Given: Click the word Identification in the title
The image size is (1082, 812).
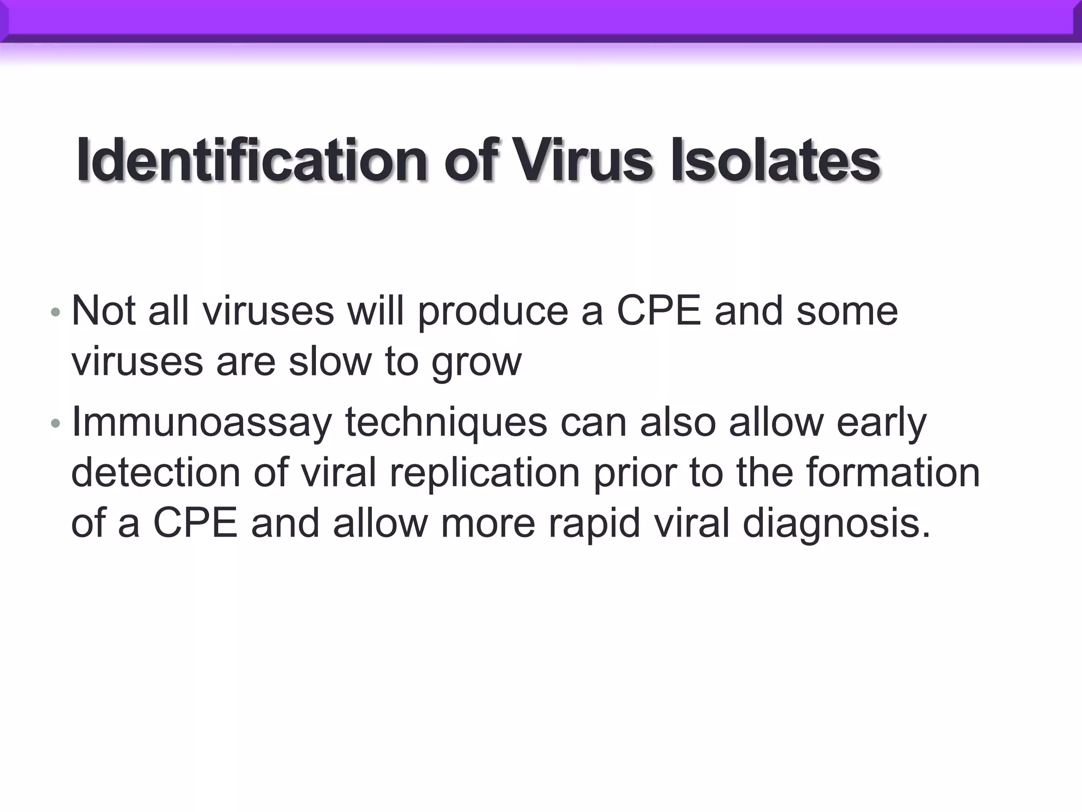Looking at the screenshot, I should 251,160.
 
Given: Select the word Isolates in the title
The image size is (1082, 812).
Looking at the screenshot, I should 775,160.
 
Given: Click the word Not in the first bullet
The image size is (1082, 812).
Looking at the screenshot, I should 104,311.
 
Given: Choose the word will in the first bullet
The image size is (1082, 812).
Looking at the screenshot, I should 376,311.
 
